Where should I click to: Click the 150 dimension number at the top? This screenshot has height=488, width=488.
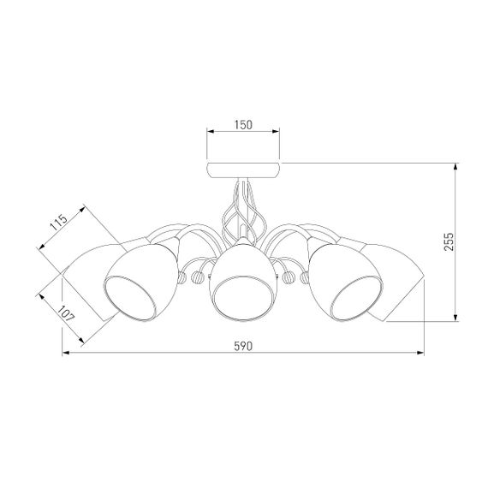point(243,125)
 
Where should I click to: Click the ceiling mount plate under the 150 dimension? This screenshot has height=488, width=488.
point(243,167)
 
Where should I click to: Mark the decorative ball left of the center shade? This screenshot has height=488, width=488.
point(199,277)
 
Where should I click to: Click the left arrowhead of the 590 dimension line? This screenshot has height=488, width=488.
point(64,353)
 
